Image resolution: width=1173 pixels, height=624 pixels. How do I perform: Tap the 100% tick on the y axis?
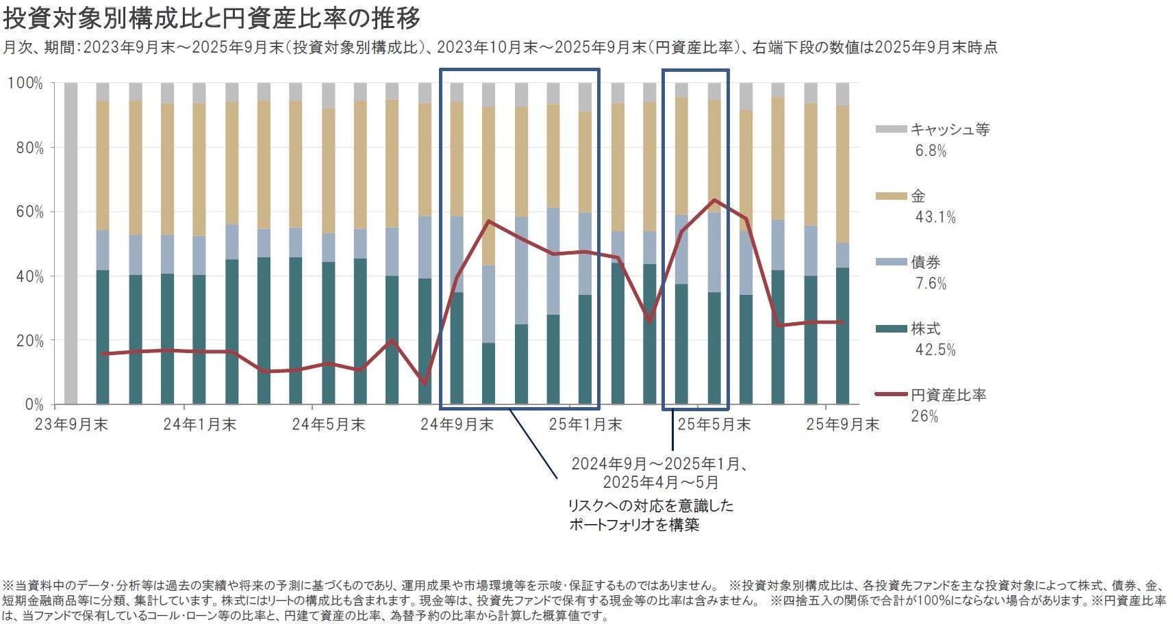tap(25, 83)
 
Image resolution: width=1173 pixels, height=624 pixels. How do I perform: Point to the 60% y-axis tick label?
tap(29, 212)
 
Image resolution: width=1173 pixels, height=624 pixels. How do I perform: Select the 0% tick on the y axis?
tap(34, 405)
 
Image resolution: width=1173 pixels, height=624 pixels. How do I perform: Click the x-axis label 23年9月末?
tap(71, 425)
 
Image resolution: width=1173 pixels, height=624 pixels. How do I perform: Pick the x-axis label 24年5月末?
tap(328, 425)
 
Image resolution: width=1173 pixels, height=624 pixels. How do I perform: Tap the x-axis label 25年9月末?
tap(842, 425)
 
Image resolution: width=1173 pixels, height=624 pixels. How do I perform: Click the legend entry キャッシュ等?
tap(950, 129)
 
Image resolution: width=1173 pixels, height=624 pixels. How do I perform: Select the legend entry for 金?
tap(918, 196)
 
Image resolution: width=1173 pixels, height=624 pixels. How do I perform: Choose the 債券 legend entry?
tap(925, 262)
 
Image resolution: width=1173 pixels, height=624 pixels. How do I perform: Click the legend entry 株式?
tap(925, 328)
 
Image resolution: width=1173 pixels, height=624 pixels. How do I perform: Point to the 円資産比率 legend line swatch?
tap(891, 395)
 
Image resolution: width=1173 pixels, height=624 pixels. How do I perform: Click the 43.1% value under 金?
tap(935, 218)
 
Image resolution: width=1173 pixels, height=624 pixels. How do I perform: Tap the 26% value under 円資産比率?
tap(924, 417)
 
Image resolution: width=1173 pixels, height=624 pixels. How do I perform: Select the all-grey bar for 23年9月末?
tap(71, 243)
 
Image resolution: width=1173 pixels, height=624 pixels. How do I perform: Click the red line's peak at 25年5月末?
tap(714, 200)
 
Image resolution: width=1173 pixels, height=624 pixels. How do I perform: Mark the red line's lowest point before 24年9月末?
tap(425, 384)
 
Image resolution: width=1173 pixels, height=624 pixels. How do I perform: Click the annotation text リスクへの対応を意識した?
tap(651, 506)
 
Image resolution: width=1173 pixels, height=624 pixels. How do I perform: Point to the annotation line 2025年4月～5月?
tap(661, 482)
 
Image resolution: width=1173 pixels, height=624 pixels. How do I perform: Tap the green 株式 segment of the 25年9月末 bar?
tap(842, 335)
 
